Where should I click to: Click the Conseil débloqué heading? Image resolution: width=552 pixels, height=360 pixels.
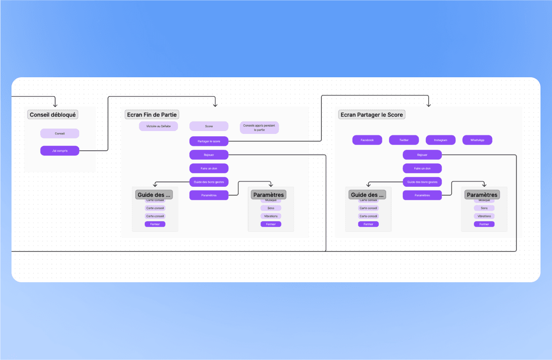coord(53,115)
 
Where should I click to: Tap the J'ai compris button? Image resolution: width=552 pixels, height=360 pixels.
coord(59,151)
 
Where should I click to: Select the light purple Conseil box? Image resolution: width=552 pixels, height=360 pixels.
coord(59,133)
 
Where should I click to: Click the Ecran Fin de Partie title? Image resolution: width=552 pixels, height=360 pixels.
coord(152,115)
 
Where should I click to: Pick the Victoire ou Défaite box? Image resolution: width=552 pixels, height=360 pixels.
coord(158,126)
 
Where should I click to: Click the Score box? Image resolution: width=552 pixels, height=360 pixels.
coord(209,126)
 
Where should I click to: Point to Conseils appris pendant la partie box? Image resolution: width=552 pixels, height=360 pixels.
coord(259,128)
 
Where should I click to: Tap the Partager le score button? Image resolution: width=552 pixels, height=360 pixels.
coord(209,141)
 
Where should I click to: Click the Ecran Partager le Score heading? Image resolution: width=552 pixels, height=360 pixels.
coord(371,115)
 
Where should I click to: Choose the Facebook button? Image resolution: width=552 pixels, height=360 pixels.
coord(367,140)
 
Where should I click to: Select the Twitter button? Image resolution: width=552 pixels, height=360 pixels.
coord(404,140)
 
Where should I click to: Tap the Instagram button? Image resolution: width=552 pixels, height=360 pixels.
coord(440,140)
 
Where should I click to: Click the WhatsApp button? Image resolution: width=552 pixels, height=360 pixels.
coord(477,140)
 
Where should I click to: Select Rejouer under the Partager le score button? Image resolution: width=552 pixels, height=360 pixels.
coord(209,155)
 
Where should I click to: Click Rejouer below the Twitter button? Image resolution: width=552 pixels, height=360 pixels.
coord(422,155)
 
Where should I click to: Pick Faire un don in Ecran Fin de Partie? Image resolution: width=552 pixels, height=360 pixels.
coord(209,168)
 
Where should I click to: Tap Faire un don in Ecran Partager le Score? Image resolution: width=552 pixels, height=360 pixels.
coord(422,168)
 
